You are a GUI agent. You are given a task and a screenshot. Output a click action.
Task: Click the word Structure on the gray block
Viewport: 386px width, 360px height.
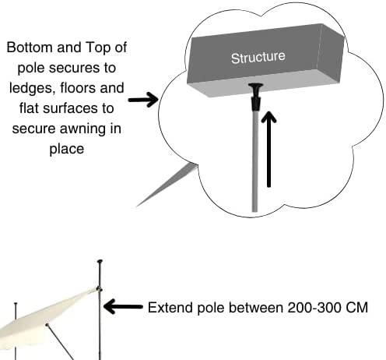pyautogui.click(x=258, y=58)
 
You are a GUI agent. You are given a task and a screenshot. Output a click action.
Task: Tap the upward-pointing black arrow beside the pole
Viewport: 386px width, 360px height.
pyautogui.click(x=268, y=150)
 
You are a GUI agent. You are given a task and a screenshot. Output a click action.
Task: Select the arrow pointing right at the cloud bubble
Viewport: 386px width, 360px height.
pyautogui.click(x=143, y=100)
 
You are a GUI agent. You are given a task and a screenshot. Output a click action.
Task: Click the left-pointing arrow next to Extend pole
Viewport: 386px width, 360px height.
pyautogui.click(x=123, y=306)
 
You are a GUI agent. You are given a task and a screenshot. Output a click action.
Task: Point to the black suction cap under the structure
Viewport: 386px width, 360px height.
pyautogui.click(x=256, y=96)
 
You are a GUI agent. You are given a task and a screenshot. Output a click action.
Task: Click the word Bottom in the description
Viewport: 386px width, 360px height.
pyautogui.click(x=30, y=48)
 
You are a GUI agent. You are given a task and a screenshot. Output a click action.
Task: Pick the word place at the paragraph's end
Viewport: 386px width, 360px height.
pyautogui.click(x=67, y=149)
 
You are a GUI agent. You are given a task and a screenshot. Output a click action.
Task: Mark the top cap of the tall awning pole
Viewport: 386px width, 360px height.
pyautogui.click(x=100, y=261)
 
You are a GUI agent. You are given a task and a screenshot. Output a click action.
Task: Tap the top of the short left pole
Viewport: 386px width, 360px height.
pyautogui.click(x=16, y=303)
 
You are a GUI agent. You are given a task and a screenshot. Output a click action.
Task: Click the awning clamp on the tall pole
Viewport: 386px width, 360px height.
pyautogui.click(x=99, y=289)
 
